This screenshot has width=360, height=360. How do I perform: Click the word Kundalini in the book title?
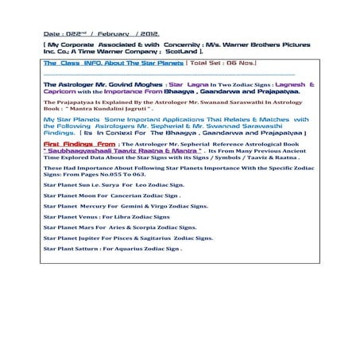pos(101,107)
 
